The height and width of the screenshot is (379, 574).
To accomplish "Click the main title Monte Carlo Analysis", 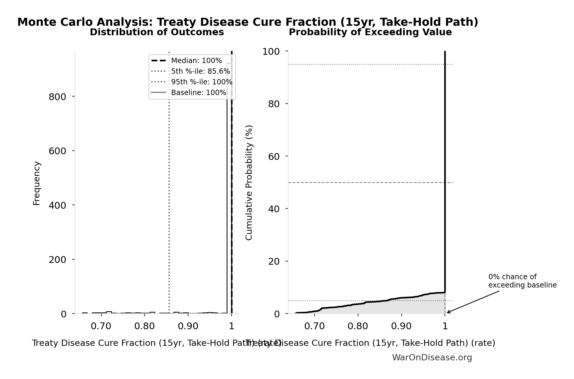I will pyautogui.click(x=248, y=22).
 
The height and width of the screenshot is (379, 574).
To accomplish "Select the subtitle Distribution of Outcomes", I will pyautogui.click(x=157, y=32).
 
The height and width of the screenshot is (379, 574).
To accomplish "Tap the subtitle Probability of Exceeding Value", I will pyautogui.click(x=370, y=32).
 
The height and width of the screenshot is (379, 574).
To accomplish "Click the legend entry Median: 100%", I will pyautogui.click(x=196, y=61).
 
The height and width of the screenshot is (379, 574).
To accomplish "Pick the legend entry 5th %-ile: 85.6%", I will pyautogui.click(x=200, y=71).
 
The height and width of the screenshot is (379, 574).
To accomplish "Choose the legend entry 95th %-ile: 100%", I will pyautogui.click(x=201, y=82).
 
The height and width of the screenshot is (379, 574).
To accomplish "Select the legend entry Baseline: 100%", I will pyautogui.click(x=198, y=93).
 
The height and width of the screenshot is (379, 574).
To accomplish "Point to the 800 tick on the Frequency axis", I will pyautogui.click(x=57, y=97).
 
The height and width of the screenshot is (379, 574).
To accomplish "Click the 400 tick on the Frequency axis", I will pyautogui.click(x=57, y=205).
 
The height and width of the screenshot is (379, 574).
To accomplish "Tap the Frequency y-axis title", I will pyautogui.click(x=36, y=183).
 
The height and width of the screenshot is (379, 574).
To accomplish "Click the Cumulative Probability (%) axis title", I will pyautogui.click(x=249, y=182).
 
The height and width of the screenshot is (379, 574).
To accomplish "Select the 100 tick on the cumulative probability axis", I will pyautogui.click(x=271, y=52).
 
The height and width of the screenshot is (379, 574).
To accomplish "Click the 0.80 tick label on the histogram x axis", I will pyautogui.click(x=145, y=326).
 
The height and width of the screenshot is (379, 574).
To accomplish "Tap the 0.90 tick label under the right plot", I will pyautogui.click(x=401, y=326).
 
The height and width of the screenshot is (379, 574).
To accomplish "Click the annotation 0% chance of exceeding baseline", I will pyautogui.click(x=522, y=281).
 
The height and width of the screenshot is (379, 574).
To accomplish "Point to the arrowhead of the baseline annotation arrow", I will pyautogui.click(x=448, y=312).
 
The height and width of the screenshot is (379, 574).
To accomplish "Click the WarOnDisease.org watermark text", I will pyautogui.click(x=432, y=358).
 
